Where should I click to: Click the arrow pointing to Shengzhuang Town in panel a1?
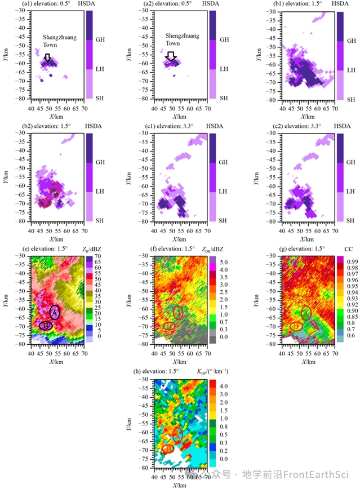47,57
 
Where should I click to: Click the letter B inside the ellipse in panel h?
168,449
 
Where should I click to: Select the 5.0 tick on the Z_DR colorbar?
224,262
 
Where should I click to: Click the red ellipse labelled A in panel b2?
55,189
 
